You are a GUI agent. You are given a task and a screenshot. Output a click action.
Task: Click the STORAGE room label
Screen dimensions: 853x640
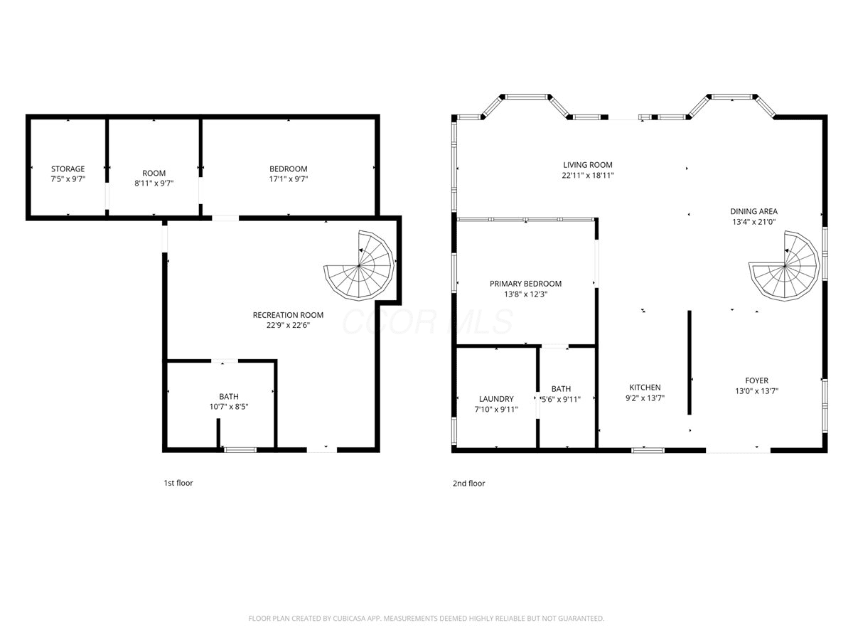coord(68,169)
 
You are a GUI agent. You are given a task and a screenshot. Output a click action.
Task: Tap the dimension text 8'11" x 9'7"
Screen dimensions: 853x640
coord(154,183)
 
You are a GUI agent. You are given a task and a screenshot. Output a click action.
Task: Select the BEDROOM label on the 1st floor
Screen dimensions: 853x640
coord(289,169)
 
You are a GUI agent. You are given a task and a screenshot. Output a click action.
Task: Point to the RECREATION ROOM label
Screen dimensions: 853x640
coord(288,315)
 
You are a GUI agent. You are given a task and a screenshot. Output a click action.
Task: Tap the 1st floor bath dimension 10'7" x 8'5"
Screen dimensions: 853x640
coord(229,407)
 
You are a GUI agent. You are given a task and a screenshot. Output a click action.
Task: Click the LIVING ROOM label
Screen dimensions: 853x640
coord(588,165)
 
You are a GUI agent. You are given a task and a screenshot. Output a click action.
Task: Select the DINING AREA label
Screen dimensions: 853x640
coord(754,211)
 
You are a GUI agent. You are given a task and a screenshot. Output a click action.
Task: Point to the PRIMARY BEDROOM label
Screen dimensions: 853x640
coord(525,284)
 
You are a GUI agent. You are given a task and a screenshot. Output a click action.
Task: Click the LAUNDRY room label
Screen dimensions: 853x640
coord(496,399)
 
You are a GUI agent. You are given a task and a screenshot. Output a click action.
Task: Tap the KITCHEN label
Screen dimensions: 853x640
coord(645,388)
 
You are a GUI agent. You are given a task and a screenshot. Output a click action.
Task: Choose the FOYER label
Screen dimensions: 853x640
coord(756,380)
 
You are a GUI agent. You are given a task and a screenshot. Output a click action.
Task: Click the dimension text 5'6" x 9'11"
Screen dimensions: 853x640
coord(561,399)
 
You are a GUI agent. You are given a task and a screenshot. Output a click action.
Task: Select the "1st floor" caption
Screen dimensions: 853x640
coord(178,483)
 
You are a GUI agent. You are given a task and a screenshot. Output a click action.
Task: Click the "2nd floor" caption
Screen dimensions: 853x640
coord(468,484)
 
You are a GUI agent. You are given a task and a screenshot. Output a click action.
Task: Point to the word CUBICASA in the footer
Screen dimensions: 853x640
coord(349,618)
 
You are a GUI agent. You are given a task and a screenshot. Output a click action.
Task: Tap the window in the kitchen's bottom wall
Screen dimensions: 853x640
coord(648,450)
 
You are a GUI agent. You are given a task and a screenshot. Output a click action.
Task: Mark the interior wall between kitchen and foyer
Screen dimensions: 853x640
coord(690,363)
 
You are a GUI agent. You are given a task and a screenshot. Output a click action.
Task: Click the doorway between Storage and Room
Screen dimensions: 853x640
coord(107,196)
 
